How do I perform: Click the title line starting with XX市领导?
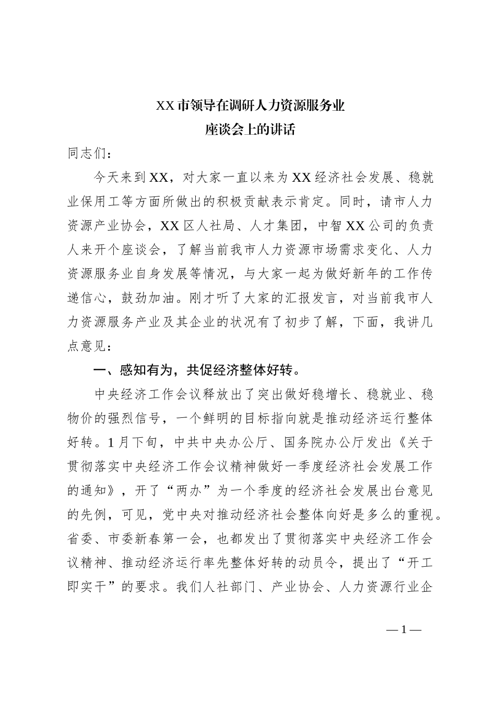[251, 106]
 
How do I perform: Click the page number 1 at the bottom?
[404, 629]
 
